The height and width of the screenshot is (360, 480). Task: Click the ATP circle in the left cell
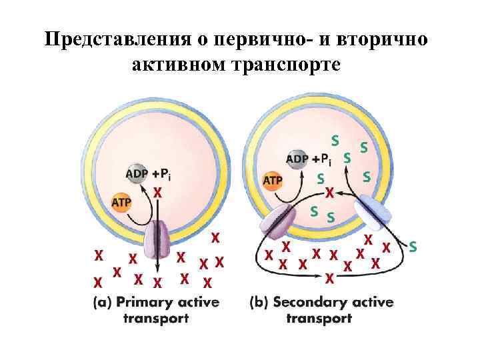point(121,201)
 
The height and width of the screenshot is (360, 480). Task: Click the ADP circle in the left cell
point(137,174)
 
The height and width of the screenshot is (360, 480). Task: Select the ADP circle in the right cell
point(297,159)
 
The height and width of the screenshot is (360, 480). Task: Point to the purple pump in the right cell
point(278,221)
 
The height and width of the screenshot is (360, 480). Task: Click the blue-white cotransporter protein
point(369,211)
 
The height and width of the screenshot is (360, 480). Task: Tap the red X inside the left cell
point(158,192)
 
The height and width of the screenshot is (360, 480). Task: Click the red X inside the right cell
point(329,193)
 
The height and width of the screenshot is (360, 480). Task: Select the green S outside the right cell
point(413,247)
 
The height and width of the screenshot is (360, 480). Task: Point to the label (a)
point(103,302)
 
